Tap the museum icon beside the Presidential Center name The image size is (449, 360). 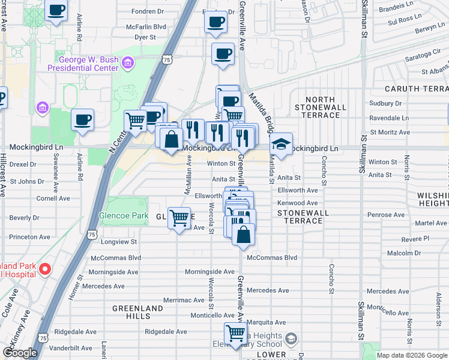[127, 62]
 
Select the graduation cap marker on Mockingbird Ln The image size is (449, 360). [280, 145]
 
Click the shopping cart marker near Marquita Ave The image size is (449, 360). [235, 333]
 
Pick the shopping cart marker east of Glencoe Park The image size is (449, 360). [179, 218]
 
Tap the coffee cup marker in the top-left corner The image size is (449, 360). [56, 10]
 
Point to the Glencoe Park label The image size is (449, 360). [123, 215]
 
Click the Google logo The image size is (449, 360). [20, 353]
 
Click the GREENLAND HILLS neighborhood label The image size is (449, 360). [137, 313]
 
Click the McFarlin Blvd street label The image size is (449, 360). [146, 27]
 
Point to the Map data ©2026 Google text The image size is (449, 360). [412, 355]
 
